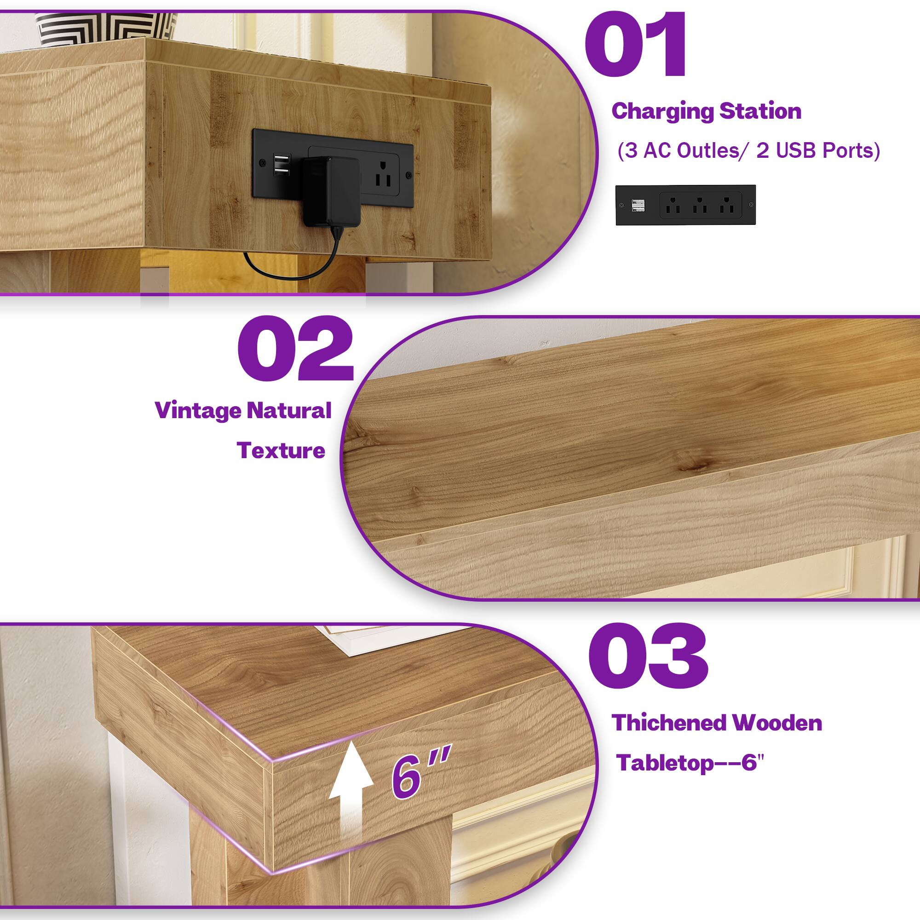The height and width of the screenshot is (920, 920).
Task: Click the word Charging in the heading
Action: click(x=662, y=111)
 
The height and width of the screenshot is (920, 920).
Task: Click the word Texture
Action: click(x=281, y=450)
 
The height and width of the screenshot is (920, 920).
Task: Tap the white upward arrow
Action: click(x=351, y=785)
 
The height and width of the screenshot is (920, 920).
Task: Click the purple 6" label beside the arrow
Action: click(x=419, y=776)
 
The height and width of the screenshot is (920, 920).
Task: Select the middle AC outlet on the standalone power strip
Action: click(x=700, y=205)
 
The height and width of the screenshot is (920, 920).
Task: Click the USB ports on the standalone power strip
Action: click(x=638, y=206)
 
